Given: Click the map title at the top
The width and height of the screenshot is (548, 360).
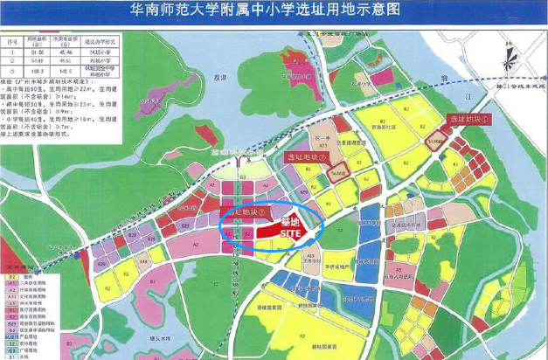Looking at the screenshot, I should pyautogui.click(x=274, y=11).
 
